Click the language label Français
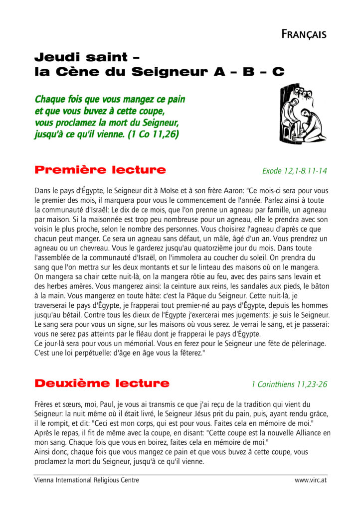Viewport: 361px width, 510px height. point(304,34)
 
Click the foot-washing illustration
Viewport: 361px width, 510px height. point(302,114)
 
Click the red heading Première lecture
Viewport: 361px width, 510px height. point(100,170)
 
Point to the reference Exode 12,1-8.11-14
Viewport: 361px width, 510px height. point(294,171)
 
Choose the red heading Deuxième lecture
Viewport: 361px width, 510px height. point(102,383)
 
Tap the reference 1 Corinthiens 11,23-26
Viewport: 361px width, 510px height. point(289,384)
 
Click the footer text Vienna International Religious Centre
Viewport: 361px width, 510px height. point(86,480)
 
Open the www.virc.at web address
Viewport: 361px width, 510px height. point(311,480)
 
